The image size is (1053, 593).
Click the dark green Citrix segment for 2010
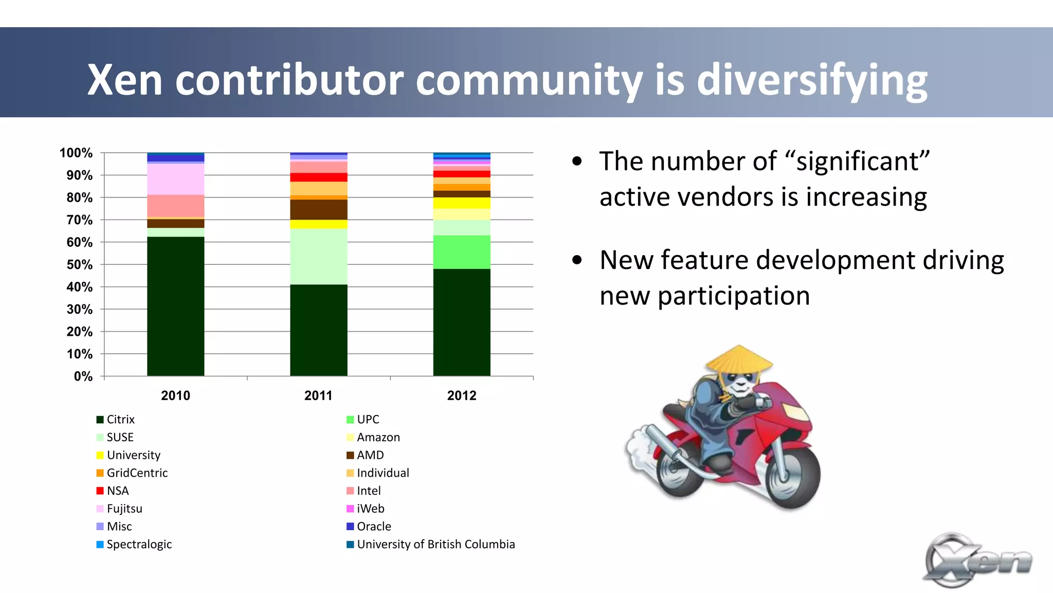(x=175, y=306)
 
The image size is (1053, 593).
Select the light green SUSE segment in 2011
(x=318, y=256)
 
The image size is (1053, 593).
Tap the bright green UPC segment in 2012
(x=461, y=252)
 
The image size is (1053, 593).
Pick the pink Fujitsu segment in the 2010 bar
(x=175, y=179)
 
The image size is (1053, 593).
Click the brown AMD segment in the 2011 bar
(x=318, y=209)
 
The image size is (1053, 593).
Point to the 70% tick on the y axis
(x=80, y=220)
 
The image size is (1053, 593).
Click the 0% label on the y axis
(x=83, y=376)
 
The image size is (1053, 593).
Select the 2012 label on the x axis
(x=461, y=396)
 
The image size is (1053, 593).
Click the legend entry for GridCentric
(x=137, y=473)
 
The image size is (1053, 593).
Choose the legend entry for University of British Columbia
(x=435, y=544)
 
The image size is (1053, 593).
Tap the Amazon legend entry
(x=378, y=437)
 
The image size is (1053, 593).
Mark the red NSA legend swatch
(x=100, y=491)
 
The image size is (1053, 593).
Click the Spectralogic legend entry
(x=139, y=544)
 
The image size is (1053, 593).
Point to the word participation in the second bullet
(x=733, y=296)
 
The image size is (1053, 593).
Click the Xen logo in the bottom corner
(x=977, y=561)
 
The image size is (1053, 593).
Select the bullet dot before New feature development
(x=577, y=260)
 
